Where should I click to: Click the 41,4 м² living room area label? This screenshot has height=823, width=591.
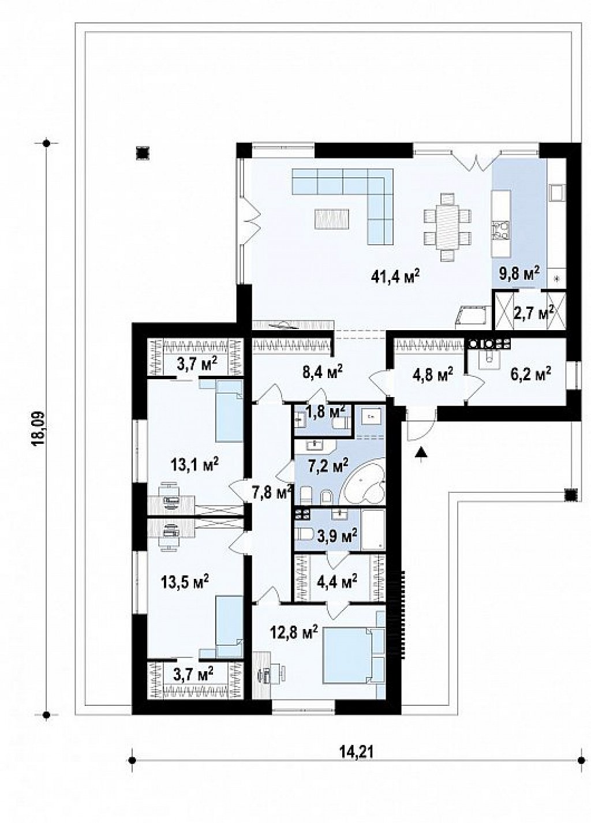pyautogui.click(x=396, y=275)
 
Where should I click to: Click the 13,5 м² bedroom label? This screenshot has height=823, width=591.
pyautogui.click(x=185, y=581)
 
